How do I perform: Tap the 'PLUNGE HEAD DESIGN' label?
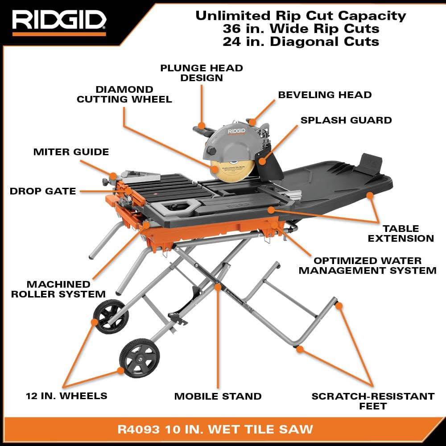point(202,73)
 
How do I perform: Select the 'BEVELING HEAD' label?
point(325,95)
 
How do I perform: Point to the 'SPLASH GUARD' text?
point(346,120)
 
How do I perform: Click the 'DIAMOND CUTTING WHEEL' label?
point(124,94)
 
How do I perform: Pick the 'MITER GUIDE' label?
point(71,152)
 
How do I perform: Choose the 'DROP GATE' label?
point(43,191)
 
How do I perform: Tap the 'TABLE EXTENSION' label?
point(401,233)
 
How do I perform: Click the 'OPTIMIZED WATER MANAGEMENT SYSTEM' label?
point(368,265)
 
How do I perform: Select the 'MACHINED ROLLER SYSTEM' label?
point(58,289)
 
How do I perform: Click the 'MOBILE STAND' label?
point(218,396)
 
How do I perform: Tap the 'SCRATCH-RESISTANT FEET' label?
point(373,401)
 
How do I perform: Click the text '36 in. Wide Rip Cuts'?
point(301,29)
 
